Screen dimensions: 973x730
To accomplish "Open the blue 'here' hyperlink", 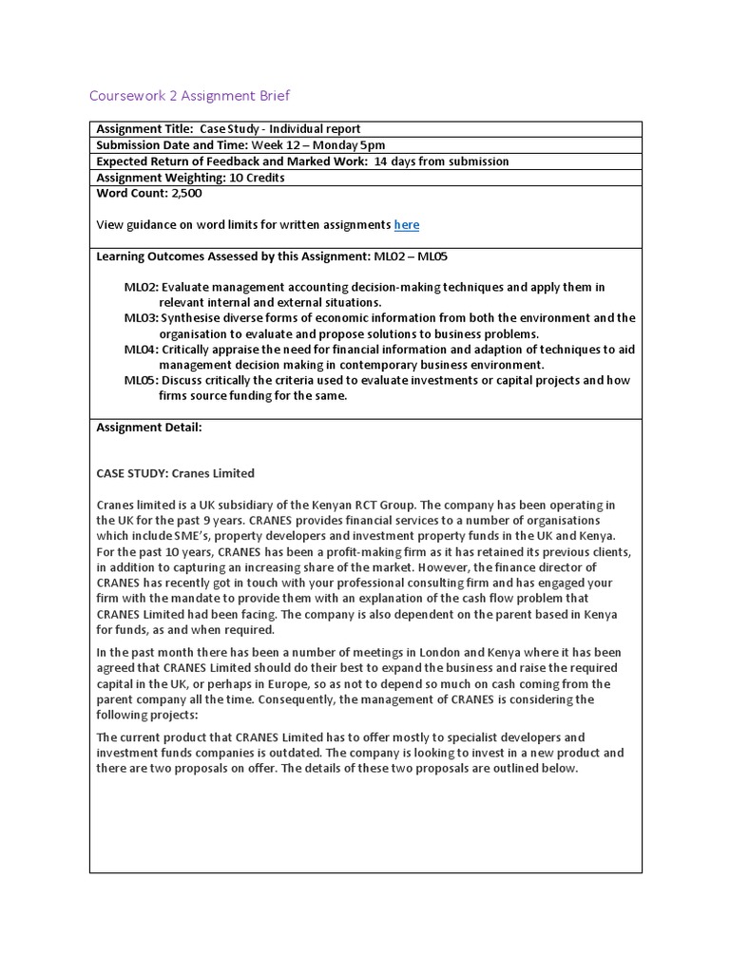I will [406, 225].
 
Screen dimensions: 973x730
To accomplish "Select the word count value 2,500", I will [186, 193].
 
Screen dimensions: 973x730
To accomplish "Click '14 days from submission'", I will [441, 162].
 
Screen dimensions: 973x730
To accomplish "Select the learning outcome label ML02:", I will [142, 287].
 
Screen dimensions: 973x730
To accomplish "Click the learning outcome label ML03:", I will [142, 318].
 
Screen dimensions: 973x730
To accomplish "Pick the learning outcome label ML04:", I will [142, 350].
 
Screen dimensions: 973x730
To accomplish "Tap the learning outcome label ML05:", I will [142, 381].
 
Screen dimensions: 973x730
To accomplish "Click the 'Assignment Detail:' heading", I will [149, 428].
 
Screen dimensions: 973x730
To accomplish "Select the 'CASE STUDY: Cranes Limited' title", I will [176, 473].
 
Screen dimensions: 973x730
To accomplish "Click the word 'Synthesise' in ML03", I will [190, 318].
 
